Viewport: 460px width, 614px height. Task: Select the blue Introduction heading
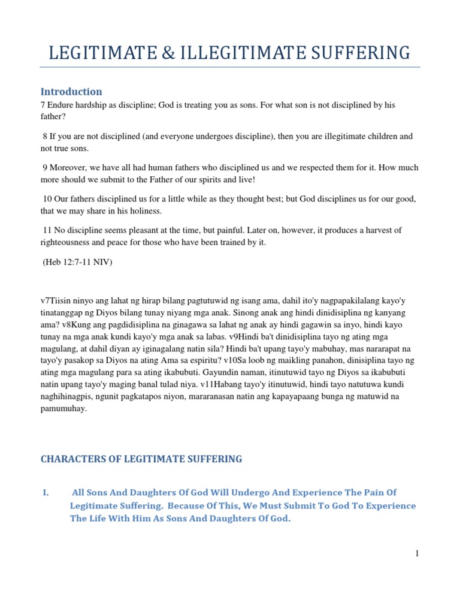coord(71,92)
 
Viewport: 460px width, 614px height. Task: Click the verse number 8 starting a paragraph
coord(46,136)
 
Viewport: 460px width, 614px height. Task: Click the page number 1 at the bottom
coord(416,553)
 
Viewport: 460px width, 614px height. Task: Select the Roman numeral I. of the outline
coord(46,492)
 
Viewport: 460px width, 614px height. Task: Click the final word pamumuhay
coord(64,408)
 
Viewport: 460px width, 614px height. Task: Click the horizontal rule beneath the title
coord(230,67)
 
